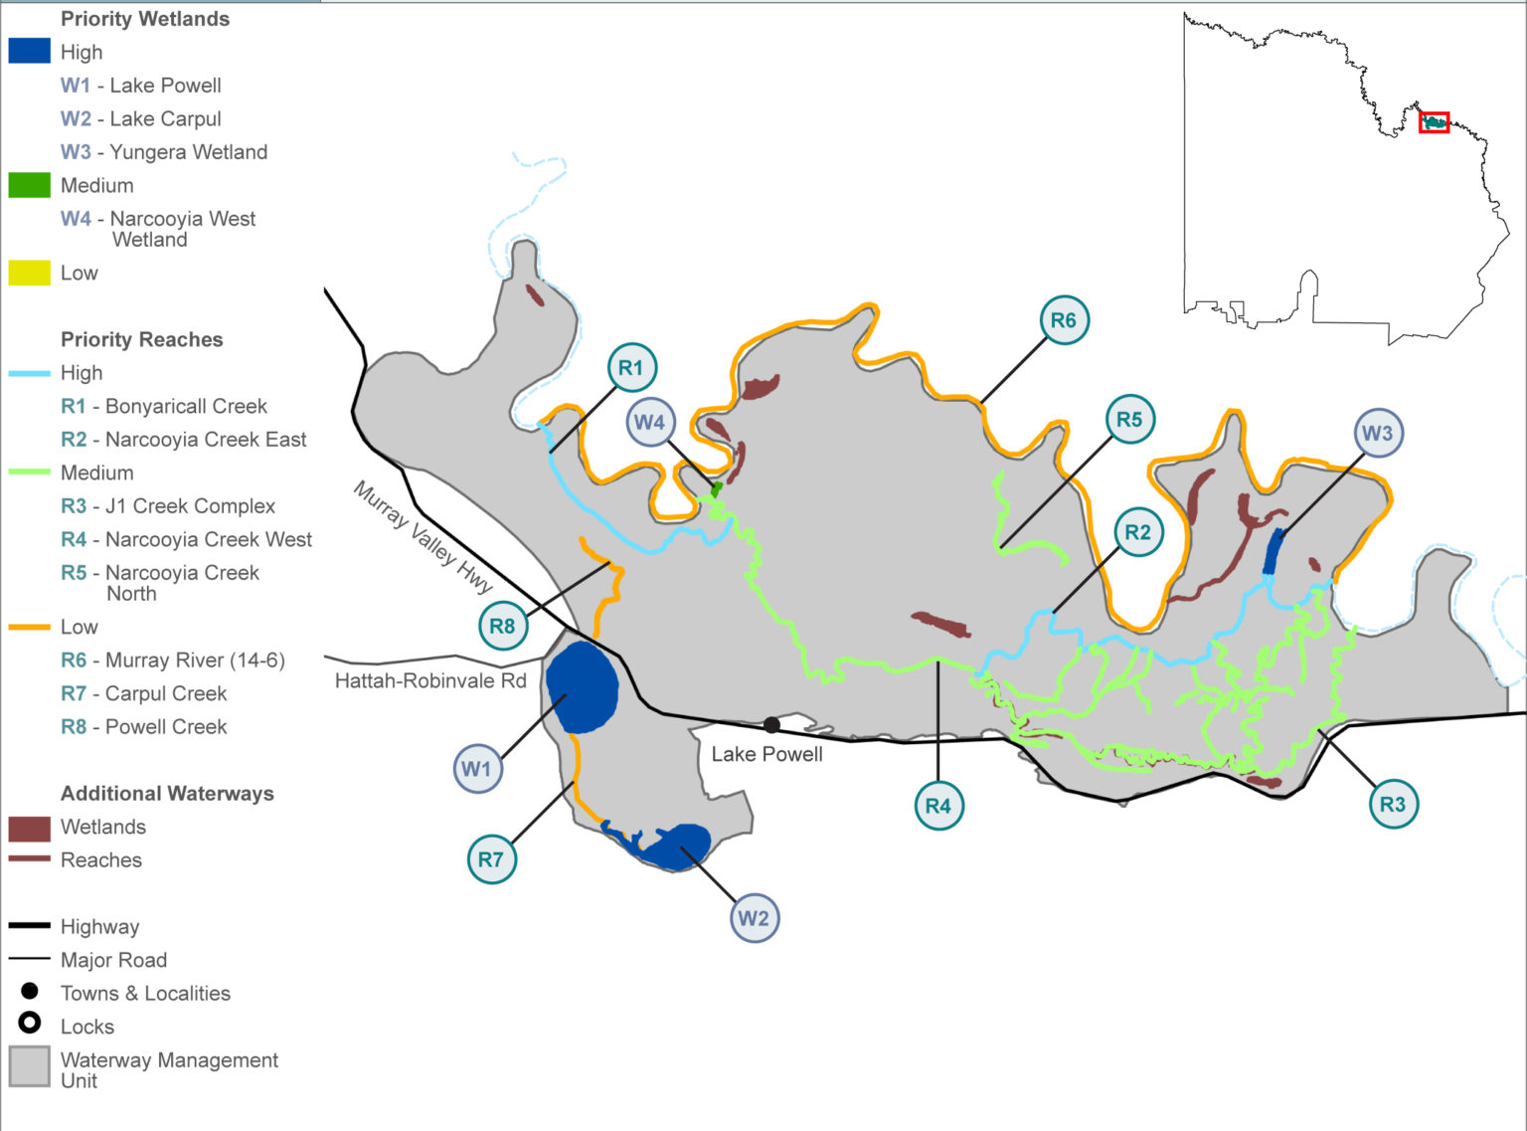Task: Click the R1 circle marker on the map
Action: click(631, 368)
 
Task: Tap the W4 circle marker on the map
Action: click(650, 422)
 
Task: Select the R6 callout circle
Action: click(1064, 320)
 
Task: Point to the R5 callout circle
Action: click(1129, 420)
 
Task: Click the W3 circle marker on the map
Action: click(1377, 433)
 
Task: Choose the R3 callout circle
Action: click(1393, 805)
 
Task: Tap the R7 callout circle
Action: click(491, 859)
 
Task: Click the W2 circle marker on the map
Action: click(754, 918)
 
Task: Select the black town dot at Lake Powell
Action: click(771, 725)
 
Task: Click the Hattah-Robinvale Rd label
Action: click(430, 681)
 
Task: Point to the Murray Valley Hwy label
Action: click(423, 538)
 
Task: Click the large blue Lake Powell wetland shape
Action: click(582, 687)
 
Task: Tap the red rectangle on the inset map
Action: click(1434, 122)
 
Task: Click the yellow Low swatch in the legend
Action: click(29, 273)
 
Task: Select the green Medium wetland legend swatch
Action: click(29, 185)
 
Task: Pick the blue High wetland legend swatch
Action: click(29, 52)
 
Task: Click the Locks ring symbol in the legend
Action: click(30, 1023)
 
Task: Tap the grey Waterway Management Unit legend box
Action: click(30, 1067)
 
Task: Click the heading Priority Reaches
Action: click(141, 339)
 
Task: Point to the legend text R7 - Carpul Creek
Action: click(144, 693)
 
